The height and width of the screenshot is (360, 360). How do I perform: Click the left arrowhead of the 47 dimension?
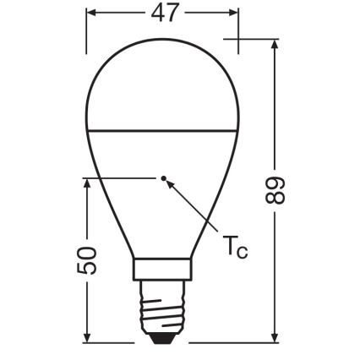point(92,14)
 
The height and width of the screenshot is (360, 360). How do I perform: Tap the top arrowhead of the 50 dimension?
point(86,183)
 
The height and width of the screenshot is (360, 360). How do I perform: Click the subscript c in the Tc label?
point(243,250)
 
